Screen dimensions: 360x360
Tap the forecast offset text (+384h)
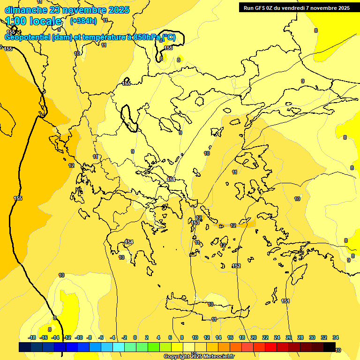click(83, 21)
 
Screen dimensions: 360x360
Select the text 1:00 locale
click(34, 21)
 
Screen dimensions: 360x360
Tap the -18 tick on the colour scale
click(32, 337)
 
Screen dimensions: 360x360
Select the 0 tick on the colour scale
click(135, 337)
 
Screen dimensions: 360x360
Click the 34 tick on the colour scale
click(336, 337)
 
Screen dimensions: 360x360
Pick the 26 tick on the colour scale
click(289, 337)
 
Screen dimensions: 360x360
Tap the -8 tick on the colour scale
click(89, 337)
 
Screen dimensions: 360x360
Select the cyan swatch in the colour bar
click(118, 347)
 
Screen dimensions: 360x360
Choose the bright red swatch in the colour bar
click(270, 347)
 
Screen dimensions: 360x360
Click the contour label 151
click(285, 301)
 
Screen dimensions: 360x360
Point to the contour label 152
click(236, 266)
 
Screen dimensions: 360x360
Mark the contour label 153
click(195, 223)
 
